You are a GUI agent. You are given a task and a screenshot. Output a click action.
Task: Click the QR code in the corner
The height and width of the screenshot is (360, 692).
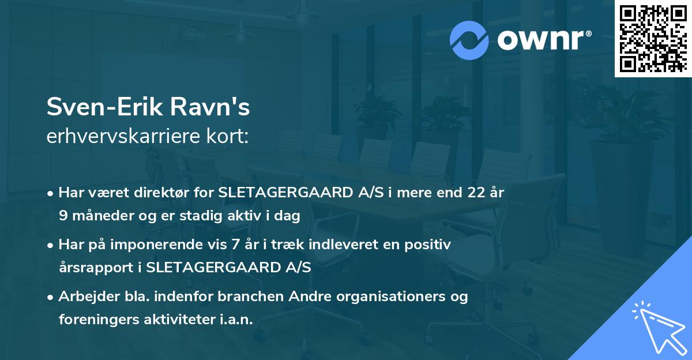[x=653, y=39]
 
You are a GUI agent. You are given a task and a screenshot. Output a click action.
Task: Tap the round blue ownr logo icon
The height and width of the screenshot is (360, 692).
[x=469, y=40]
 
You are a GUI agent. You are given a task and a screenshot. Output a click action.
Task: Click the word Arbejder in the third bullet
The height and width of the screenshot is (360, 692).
[x=85, y=297]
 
